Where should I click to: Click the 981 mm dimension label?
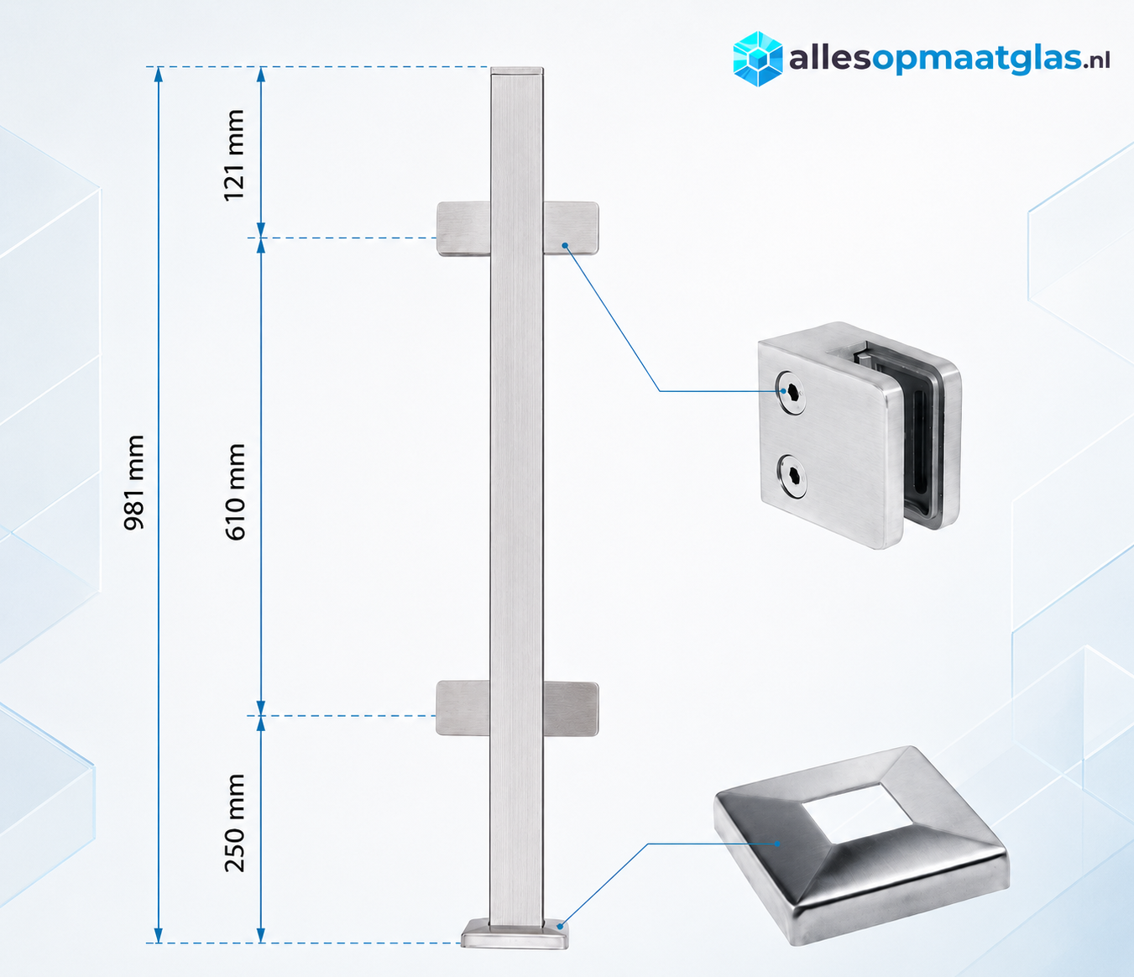tap(133, 482)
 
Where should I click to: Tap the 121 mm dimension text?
tap(234, 155)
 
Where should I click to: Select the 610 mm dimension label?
tap(235, 492)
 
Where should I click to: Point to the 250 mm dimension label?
tap(234, 823)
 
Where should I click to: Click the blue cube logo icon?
tap(758, 59)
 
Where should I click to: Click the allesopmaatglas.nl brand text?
tap(949, 60)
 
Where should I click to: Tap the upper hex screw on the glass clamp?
tap(791, 393)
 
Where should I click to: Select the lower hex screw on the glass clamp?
tap(792, 477)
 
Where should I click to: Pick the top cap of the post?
tap(517, 71)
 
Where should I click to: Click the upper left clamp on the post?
tap(463, 229)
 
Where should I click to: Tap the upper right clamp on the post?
tap(571, 227)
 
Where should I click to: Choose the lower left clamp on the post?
tap(463, 708)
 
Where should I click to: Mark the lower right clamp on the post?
tap(571, 708)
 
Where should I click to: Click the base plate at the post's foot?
tap(515, 934)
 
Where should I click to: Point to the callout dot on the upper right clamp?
tap(565, 246)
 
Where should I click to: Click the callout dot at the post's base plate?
tap(560, 927)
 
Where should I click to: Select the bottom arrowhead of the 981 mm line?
tap(159, 935)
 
